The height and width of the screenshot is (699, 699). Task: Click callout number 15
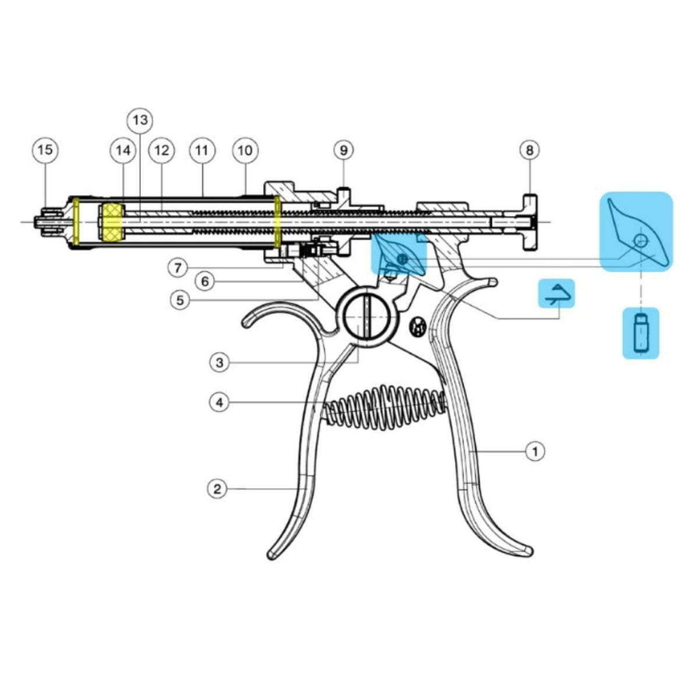point(45,150)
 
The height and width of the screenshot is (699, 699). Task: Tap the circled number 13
point(140,120)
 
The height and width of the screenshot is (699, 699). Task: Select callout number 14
point(123,150)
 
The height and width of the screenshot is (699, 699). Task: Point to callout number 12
point(162,150)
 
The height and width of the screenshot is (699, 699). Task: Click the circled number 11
point(202,150)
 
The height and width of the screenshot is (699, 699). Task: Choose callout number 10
point(245,150)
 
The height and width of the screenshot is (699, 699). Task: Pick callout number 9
point(344,150)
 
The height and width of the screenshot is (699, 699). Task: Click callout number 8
point(529,150)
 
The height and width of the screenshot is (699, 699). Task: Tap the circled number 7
point(178,268)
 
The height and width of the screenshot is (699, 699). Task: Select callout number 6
point(205,281)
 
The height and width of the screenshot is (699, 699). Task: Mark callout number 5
point(180,300)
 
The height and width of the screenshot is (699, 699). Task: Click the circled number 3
point(220,362)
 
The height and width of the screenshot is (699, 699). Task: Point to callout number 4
point(220,403)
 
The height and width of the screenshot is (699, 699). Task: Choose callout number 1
point(535,451)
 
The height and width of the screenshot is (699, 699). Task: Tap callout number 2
point(217,489)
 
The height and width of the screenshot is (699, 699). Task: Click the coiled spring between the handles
point(384,405)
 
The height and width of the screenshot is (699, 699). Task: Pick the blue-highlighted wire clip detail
point(556,294)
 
